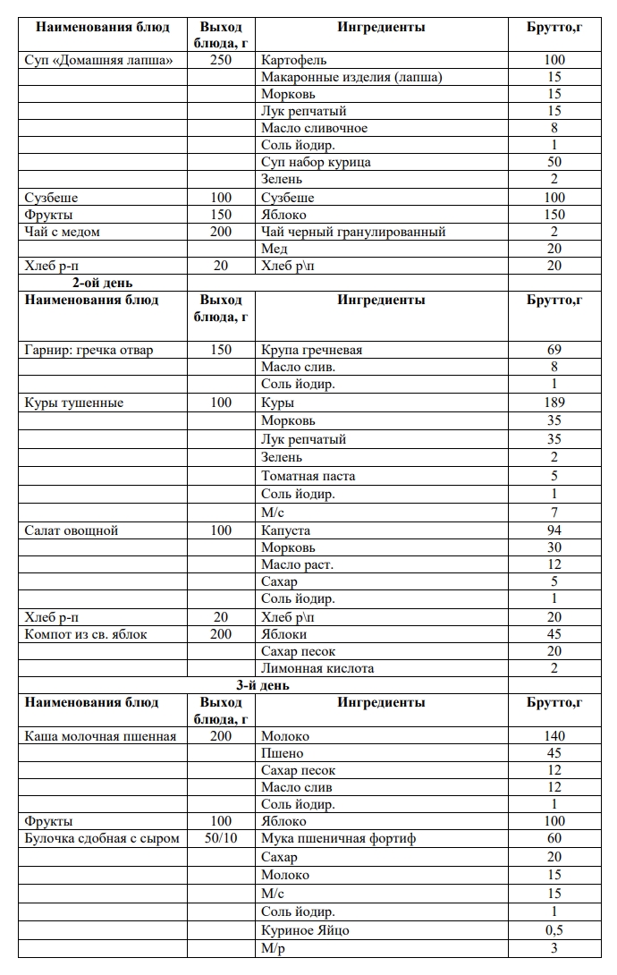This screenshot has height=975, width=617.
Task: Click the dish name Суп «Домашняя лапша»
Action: [98, 60]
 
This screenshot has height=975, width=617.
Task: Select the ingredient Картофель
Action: [294, 60]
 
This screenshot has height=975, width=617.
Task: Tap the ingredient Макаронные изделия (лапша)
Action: [351, 77]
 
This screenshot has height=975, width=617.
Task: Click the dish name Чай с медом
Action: [62, 232]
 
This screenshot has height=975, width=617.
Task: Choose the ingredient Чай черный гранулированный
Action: [353, 232]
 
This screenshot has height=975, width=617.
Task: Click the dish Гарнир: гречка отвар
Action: [89, 350]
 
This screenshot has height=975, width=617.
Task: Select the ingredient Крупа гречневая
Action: [311, 350]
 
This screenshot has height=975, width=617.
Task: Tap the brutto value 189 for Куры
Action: [554, 403]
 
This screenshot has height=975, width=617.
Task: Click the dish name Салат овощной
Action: [71, 530]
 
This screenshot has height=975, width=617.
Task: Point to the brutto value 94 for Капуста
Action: [554, 530]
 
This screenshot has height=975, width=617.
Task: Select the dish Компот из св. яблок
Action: [86, 634]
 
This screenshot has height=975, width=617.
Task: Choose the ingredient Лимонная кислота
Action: [317, 668]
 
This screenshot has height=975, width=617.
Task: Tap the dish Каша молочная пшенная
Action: [100, 736]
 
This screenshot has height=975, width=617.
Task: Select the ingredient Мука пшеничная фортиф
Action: [339, 838]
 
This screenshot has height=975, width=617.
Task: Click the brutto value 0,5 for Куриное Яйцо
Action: [554, 930]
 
